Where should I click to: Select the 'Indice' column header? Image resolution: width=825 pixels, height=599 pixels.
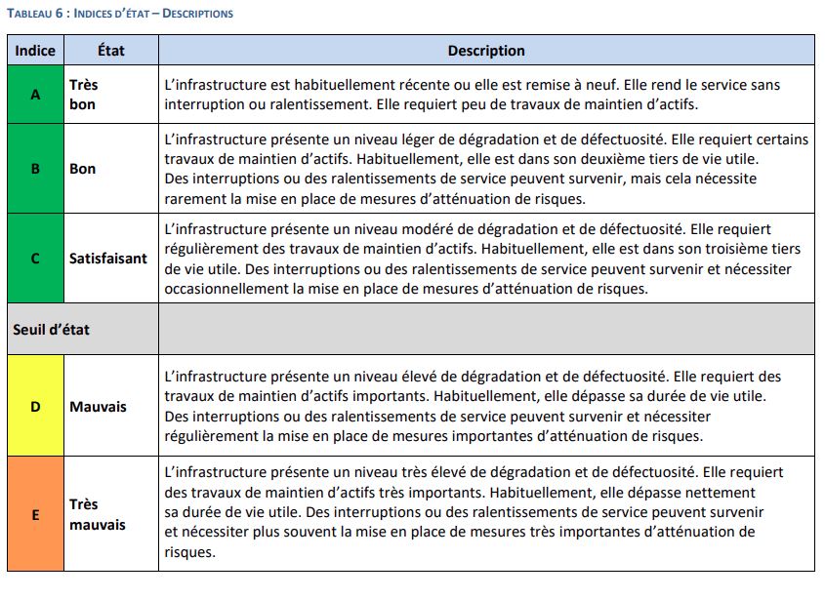click(x=35, y=51)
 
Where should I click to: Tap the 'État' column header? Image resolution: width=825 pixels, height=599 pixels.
click(x=111, y=51)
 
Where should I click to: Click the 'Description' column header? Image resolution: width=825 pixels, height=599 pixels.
click(x=486, y=51)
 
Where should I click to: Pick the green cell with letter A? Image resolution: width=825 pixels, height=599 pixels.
click(x=35, y=95)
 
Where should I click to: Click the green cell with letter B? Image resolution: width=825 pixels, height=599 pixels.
click(x=35, y=169)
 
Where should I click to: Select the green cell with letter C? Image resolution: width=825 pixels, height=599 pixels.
click(x=35, y=259)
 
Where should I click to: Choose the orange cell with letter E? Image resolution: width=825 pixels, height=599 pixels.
click(x=35, y=514)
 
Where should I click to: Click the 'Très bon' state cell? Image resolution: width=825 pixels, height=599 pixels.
click(x=84, y=95)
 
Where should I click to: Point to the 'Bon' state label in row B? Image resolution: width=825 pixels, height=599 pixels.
click(x=83, y=169)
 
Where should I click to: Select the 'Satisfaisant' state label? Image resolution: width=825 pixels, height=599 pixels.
click(x=108, y=259)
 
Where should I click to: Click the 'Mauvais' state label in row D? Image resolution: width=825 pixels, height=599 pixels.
click(x=98, y=407)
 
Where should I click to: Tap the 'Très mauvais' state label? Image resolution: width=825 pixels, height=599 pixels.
click(x=98, y=514)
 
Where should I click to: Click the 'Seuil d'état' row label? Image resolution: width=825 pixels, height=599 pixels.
click(x=51, y=330)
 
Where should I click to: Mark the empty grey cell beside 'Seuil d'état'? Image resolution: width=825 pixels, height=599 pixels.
click(x=486, y=330)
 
